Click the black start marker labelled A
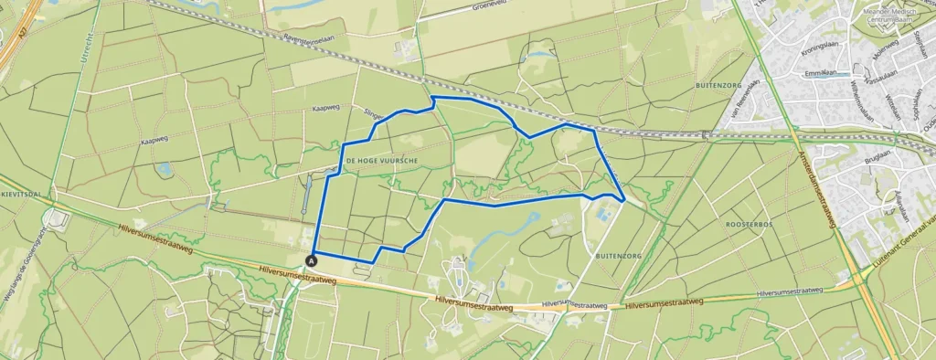[313, 259]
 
